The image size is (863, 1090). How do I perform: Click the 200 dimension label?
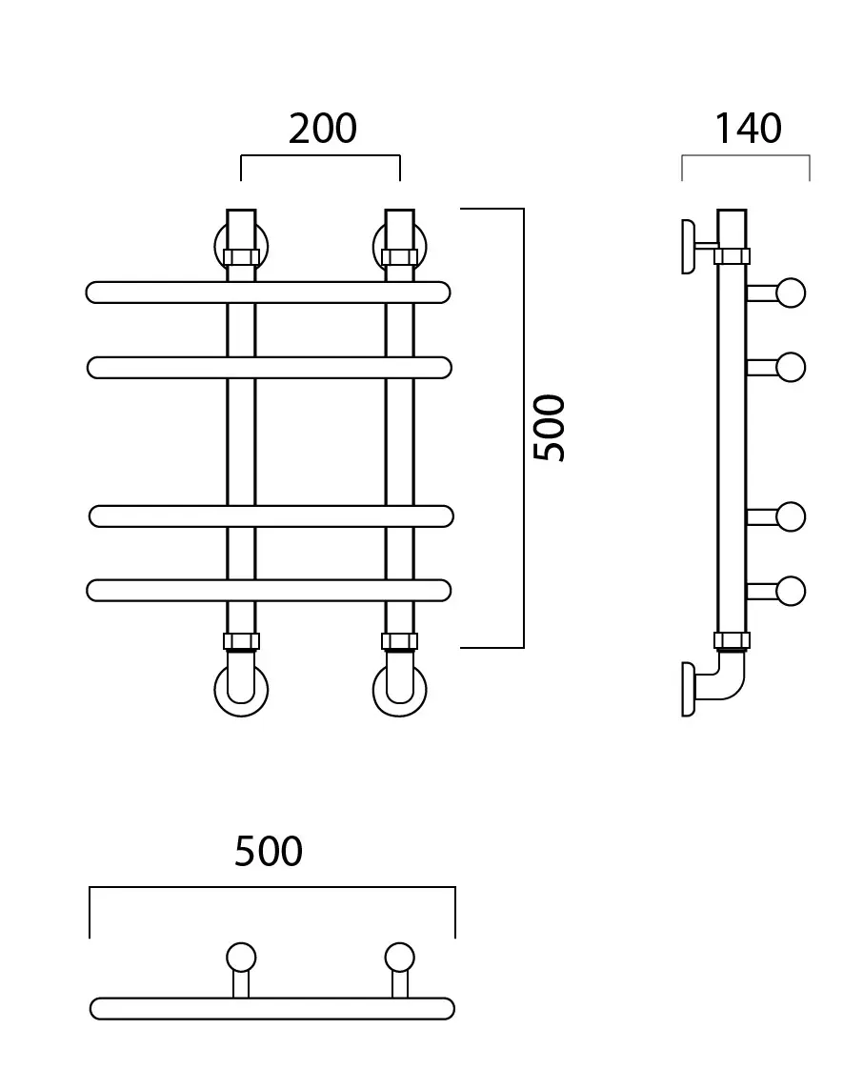[322, 129]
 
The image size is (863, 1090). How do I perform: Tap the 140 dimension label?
[748, 129]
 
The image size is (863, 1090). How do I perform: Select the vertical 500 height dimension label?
[549, 428]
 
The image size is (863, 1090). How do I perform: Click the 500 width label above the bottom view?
[269, 851]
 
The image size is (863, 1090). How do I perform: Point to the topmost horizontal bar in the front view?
[269, 293]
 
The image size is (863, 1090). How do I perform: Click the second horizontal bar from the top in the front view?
[270, 368]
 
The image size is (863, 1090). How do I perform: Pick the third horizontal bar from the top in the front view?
[271, 516]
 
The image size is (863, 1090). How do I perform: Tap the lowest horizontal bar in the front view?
[269, 590]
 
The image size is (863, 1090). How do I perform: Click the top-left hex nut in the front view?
[241, 257]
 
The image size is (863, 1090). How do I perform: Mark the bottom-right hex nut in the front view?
[399, 641]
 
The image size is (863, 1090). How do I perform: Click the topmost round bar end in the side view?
[791, 293]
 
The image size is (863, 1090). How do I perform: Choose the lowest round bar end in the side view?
[791, 591]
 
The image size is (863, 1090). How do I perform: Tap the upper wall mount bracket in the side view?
[689, 247]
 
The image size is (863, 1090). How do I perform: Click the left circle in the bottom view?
[241, 958]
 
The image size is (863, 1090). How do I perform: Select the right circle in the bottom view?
[399, 958]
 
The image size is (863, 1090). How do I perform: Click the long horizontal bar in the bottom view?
[272, 1009]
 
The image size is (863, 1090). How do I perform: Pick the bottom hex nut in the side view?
[732, 640]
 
